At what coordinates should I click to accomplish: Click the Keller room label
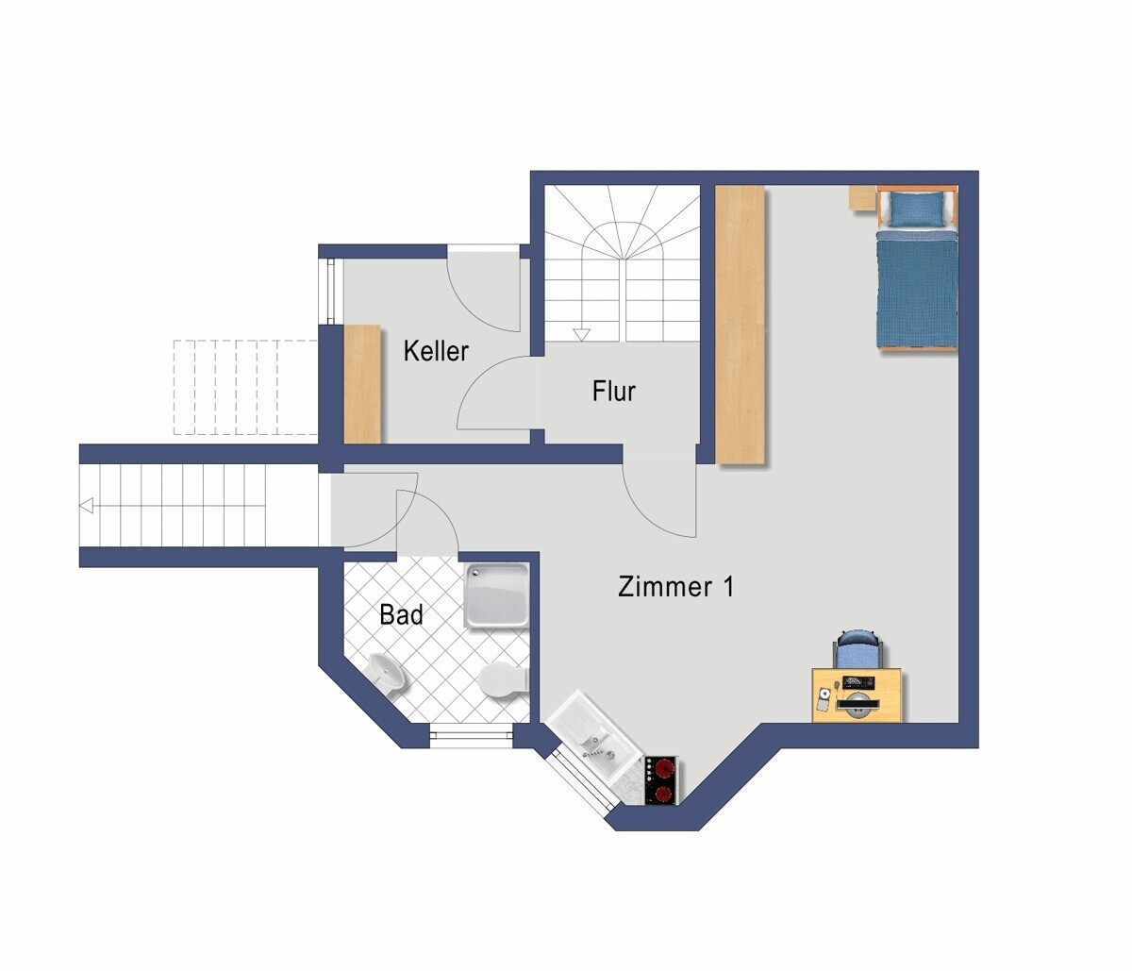[x=436, y=351]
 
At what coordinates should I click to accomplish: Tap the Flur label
[x=614, y=391]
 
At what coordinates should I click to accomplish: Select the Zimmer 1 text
[x=675, y=586]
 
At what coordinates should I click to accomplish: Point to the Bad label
[x=401, y=615]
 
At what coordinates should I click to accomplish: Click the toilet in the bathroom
[x=502, y=680]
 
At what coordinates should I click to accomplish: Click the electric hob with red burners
[x=662, y=780]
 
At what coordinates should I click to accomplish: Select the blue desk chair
[x=857, y=650]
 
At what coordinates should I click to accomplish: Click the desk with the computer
[x=857, y=696]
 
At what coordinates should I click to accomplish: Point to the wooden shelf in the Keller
[x=362, y=383]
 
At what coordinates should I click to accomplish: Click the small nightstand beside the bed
[x=861, y=197]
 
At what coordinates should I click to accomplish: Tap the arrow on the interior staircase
[x=581, y=334]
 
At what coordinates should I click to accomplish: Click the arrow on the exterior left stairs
[x=87, y=507]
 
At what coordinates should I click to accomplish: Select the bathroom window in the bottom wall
[x=472, y=735]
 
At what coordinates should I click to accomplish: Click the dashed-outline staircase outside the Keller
[x=244, y=387]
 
